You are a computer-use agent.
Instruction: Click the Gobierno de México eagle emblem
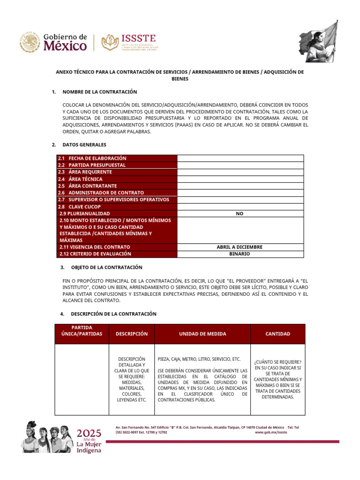click(x=30, y=42)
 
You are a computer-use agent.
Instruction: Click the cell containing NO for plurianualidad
click(x=240, y=213)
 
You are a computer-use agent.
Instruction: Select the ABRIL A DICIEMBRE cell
click(x=240, y=247)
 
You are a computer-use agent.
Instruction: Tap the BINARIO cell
click(x=240, y=254)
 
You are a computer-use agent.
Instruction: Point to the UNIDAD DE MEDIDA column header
click(x=202, y=334)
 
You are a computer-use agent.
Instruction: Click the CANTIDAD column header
click(x=277, y=334)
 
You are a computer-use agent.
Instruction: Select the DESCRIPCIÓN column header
click(x=132, y=334)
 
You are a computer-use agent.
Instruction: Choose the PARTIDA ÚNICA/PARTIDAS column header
click(x=82, y=330)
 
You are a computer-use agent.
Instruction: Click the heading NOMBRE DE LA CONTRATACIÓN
click(x=99, y=92)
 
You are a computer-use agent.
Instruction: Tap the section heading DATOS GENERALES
click(x=84, y=145)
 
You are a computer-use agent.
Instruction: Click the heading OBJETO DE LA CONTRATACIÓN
click(x=106, y=267)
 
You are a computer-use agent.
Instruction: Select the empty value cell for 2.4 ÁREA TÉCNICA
click(x=240, y=179)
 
